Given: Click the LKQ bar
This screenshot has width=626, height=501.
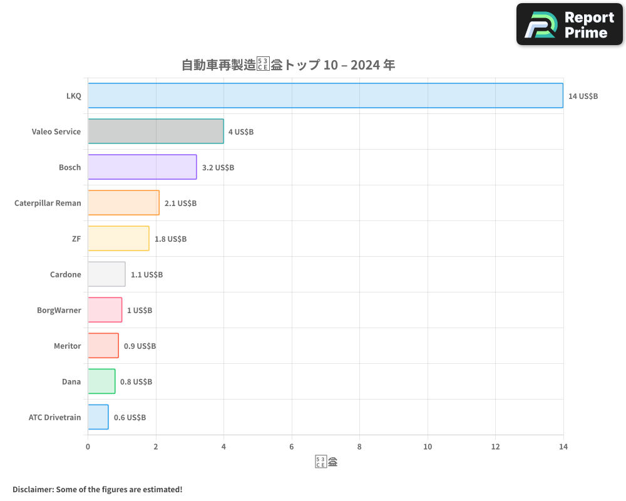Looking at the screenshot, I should point(326,96).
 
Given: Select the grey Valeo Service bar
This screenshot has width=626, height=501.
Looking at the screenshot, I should point(156,132).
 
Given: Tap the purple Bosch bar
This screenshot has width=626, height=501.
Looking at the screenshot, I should point(142,167).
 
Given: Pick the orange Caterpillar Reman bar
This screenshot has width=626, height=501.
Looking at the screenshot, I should point(123,203).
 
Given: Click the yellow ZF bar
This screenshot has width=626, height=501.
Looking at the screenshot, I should point(118,239).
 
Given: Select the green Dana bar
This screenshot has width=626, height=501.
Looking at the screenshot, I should point(101,381).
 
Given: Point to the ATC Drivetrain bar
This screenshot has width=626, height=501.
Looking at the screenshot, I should point(98,417).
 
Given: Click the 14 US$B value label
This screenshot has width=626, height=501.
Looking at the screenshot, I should point(583,96).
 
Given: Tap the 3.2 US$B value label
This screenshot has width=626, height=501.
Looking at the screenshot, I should point(218,168).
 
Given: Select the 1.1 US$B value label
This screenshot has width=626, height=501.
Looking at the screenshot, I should point(146,275).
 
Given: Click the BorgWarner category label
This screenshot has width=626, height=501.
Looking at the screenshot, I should point(59,310).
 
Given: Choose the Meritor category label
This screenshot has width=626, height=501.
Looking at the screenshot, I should point(67,346).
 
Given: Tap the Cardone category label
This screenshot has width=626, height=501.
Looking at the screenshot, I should point(65,274).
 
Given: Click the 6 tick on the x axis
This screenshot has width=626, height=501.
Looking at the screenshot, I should point(292,447).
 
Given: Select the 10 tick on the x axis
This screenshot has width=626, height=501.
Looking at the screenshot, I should point(428,447).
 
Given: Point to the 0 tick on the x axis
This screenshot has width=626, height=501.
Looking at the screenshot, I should point(88,447).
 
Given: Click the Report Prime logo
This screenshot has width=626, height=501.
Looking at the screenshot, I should point(569,24).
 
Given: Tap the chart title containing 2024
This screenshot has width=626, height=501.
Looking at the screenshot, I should point(288,65).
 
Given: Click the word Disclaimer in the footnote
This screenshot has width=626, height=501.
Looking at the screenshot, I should point(33,489).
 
